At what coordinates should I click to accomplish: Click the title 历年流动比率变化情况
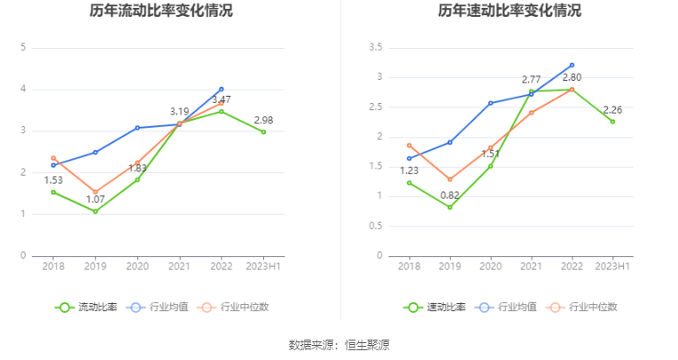[x=160, y=12]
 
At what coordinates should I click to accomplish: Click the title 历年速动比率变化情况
[x=510, y=12]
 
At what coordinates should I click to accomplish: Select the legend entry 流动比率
[x=79, y=307]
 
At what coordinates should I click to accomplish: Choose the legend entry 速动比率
[x=427, y=307]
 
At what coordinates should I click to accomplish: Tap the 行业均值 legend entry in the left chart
[x=158, y=307]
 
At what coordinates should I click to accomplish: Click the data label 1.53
[x=54, y=180]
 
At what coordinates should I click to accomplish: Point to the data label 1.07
[x=96, y=199]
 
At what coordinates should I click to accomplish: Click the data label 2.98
[x=263, y=120]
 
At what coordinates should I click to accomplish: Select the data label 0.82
[x=450, y=194]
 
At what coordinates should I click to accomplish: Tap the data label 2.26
[x=612, y=110]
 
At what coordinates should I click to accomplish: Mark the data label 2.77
[x=531, y=80]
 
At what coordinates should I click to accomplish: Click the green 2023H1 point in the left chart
[x=263, y=132]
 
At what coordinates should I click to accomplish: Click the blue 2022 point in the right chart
[x=572, y=65]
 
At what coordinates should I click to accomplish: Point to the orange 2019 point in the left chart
[x=96, y=192]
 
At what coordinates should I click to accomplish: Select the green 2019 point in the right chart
[x=450, y=207]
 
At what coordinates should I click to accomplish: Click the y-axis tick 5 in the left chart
[x=23, y=48]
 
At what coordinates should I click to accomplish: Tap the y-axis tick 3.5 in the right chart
[x=375, y=48]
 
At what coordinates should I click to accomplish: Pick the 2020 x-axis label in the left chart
[x=137, y=265]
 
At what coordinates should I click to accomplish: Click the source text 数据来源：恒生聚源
[x=339, y=344]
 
